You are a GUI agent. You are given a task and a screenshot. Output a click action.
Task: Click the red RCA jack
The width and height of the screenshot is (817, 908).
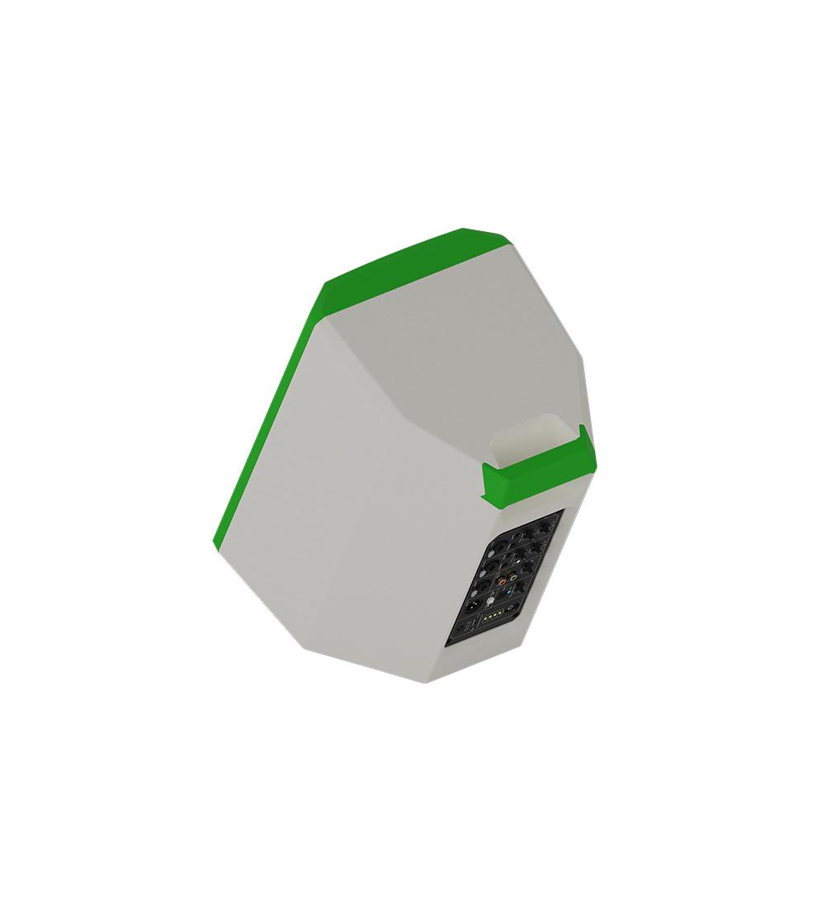[x=502, y=582]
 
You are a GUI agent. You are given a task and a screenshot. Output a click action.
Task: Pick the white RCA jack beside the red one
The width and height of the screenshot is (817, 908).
[x=513, y=577]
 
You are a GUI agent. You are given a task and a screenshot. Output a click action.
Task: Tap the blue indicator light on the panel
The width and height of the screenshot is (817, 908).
[x=508, y=592]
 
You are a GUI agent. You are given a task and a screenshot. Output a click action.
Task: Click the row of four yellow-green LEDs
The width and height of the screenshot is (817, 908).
[x=493, y=615]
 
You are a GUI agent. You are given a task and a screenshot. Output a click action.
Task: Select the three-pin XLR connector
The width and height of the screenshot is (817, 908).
[x=474, y=604]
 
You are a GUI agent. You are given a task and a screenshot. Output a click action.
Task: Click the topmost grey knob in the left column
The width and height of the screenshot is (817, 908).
[x=491, y=554]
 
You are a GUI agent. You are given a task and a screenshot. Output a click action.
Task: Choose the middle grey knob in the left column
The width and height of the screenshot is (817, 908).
[x=483, y=574]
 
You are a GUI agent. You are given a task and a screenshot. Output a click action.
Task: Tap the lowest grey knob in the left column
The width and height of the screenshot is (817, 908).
[x=474, y=594]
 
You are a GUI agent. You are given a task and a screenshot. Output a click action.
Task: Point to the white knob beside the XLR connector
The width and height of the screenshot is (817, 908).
[x=490, y=600]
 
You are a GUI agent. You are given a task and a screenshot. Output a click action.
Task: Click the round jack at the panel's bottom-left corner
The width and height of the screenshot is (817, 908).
[x=460, y=627]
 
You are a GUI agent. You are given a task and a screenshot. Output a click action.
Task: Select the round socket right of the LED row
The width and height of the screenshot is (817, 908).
[x=511, y=608]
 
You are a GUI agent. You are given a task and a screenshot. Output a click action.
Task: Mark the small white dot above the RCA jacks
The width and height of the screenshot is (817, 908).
[x=518, y=561]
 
